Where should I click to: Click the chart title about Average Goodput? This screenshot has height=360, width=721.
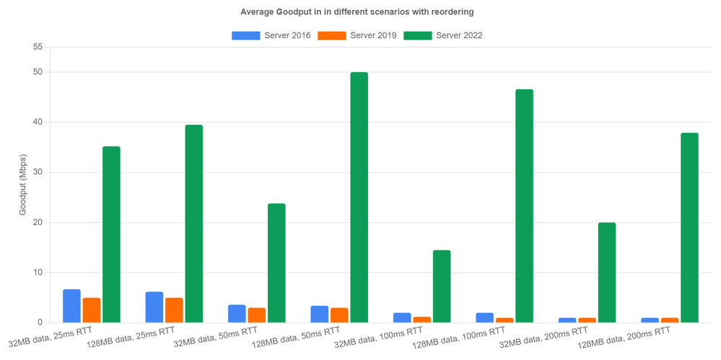click(x=360, y=12)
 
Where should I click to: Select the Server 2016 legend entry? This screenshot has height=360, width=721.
click(x=271, y=35)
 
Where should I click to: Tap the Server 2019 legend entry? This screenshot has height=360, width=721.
click(x=357, y=35)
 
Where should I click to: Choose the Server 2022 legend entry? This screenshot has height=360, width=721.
click(x=442, y=35)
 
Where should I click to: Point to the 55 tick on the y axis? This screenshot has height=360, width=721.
click(x=38, y=47)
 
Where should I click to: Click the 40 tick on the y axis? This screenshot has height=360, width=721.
click(x=38, y=122)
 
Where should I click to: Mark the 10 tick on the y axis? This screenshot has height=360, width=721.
click(x=38, y=273)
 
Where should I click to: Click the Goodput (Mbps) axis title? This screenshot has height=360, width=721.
click(x=23, y=185)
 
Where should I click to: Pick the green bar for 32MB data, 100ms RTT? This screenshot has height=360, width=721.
click(x=442, y=286)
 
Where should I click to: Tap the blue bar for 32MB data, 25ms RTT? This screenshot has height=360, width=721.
click(x=71, y=306)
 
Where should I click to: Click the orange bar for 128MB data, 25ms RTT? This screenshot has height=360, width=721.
click(x=174, y=310)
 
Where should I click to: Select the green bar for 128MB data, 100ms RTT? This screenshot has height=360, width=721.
click(x=524, y=206)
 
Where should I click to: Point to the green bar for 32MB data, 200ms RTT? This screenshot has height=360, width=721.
click(x=607, y=273)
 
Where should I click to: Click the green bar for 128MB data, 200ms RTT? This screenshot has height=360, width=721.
click(x=689, y=227)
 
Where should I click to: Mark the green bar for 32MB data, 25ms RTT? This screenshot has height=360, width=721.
click(x=111, y=234)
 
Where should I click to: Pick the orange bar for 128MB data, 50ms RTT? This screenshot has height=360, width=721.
click(x=339, y=315)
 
